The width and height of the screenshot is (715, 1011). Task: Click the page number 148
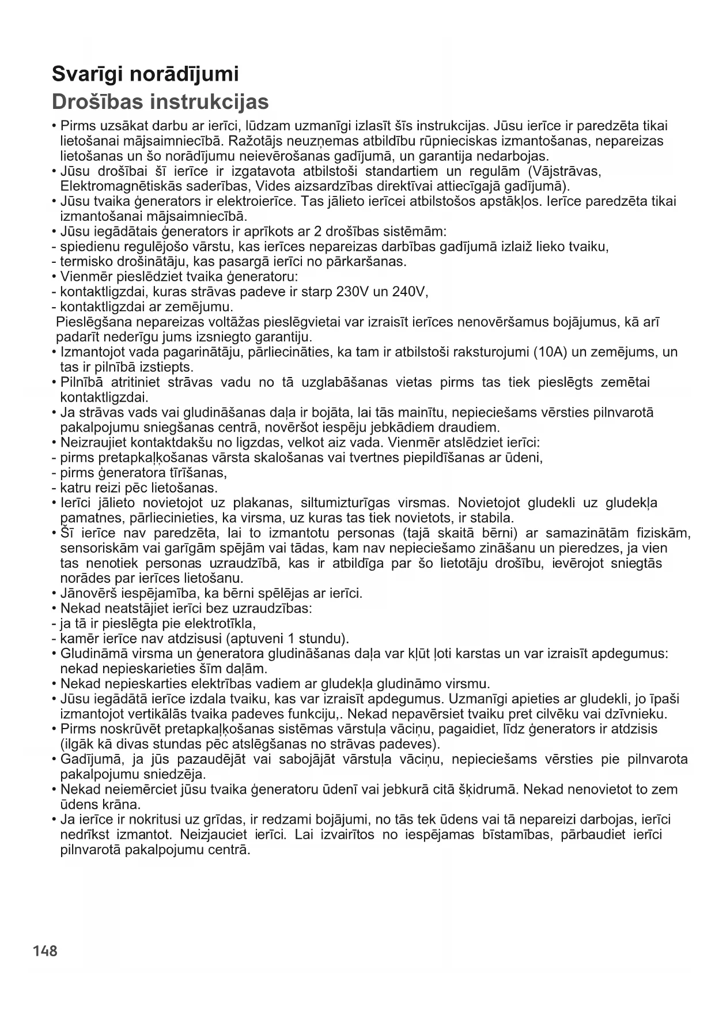click(45, 950)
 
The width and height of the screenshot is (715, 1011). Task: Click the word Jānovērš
click(85, 593)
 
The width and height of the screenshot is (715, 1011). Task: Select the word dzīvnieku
click(638, 714)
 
